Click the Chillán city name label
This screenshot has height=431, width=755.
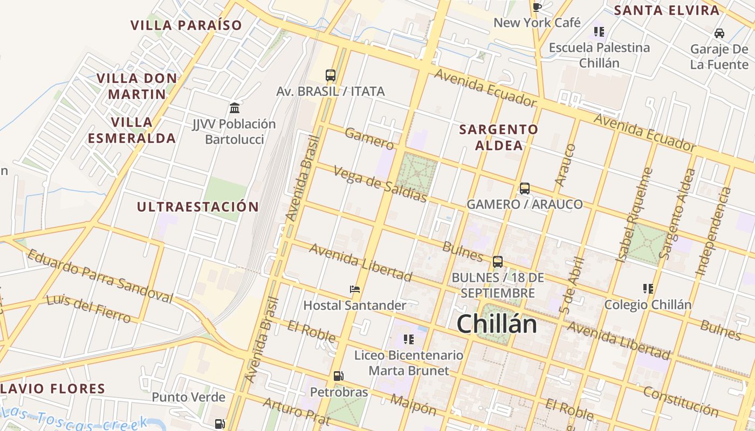point(497,324)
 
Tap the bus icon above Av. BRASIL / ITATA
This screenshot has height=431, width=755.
point(331,75)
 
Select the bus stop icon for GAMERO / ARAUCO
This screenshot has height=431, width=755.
point(524,189)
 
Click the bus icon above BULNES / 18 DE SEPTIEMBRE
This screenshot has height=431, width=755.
point(497,262)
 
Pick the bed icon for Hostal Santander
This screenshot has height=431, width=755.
point(354,289)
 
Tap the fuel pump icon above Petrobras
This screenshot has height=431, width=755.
point(338,376)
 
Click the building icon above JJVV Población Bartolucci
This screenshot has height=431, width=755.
point(234,108)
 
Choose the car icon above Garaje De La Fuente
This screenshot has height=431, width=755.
point(719,33)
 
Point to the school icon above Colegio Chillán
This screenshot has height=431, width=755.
point(648,289)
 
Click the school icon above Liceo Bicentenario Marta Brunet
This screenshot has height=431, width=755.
point(408,339)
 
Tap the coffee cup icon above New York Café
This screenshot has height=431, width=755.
point(537,6)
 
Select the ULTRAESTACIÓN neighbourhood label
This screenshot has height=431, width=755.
point(198,207)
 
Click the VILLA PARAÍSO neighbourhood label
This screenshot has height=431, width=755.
point(186,25)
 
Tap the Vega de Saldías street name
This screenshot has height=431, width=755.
point(380,185)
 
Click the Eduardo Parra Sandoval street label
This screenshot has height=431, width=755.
point(100,276)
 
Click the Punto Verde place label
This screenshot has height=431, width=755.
point(188,398)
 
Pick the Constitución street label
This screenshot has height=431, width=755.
point(681,402)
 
